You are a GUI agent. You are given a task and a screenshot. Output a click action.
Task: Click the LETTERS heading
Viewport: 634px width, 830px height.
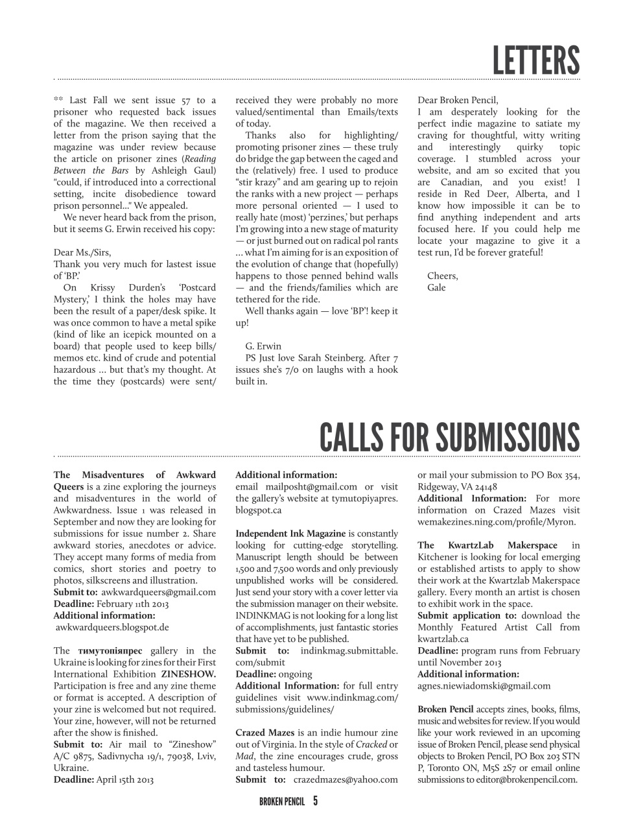click(x=535, y=60)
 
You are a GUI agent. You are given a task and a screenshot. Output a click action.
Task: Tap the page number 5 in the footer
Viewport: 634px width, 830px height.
click(x=315, y=801)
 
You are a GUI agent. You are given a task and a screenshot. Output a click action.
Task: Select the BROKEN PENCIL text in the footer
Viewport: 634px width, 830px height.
click(x=281, y=801)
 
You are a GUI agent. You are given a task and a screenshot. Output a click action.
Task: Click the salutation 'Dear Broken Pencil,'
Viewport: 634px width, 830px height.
click(x=458, y=100)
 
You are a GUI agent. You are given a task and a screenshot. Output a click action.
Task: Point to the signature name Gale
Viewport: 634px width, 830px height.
click(x=436, y=287)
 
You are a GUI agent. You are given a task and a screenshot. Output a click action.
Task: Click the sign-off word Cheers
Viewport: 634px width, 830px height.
click(x=442, y=276)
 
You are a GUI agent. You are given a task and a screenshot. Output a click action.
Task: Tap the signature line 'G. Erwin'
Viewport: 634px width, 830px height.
click(x=263, y=346)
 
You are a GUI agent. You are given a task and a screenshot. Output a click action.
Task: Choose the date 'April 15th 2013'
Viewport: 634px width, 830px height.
click(x=124, y=779)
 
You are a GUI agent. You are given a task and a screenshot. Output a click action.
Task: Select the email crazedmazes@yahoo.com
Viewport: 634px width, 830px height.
click(x=346, y=779)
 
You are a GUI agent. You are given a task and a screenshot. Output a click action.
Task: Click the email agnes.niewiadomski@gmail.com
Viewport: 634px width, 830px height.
click(x=484, y=685)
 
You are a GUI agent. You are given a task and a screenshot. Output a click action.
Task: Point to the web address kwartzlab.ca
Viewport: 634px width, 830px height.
click(x=443, y=639)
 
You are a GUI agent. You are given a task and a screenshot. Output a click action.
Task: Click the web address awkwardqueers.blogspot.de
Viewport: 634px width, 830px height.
click(x=112, y=627)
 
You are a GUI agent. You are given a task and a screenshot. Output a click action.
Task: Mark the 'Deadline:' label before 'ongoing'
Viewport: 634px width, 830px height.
click(x=255, y=674)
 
